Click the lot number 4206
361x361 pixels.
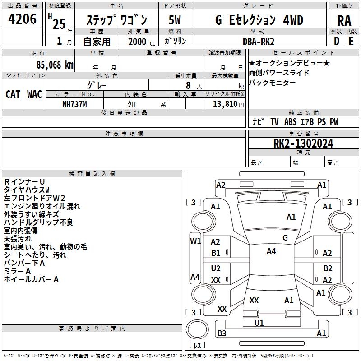(23, 19)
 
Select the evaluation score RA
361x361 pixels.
(344, 20)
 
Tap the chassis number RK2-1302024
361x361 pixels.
(303, 143)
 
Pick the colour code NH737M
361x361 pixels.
(74, 103)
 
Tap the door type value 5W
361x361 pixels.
(175, 20)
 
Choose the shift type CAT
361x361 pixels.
(13, 94)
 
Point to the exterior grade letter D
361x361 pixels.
(336, 41)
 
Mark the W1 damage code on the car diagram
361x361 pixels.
(195, 241)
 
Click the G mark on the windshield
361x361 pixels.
(285, 237)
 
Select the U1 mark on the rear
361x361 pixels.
(259, 323)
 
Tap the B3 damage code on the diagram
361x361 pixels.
(222, 333)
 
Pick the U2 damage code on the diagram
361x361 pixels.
(216, 268)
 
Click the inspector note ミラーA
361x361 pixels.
(17, 271)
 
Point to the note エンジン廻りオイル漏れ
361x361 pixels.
(42, 206)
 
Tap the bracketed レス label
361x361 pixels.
(197, 345)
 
